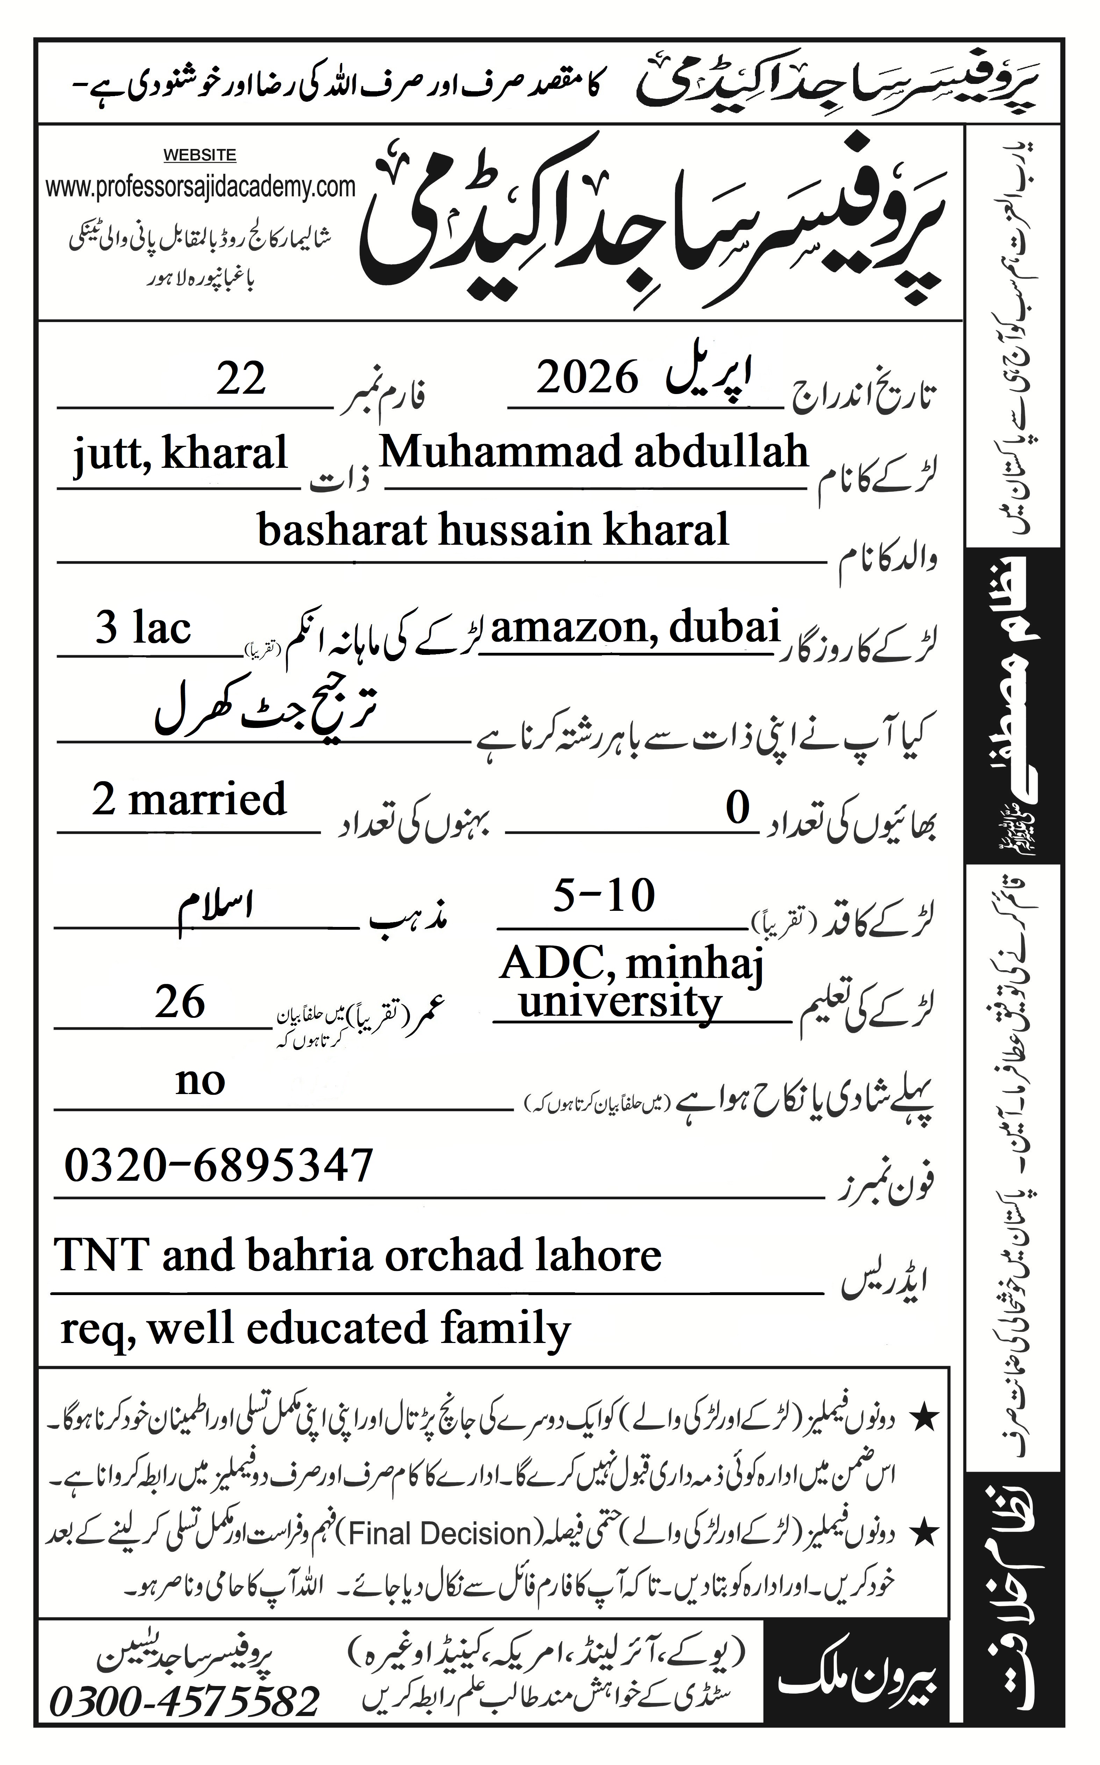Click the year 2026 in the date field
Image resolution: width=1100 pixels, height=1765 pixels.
pos(587,378)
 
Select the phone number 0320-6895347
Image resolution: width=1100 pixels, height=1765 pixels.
pos(218,1165)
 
